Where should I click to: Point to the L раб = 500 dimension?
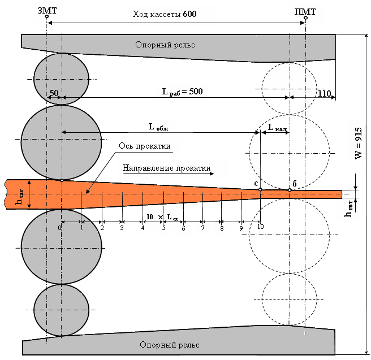(182, 91)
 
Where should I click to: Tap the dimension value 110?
(324, 93)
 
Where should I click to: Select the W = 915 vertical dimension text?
(359, 144)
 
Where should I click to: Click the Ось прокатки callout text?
(144, 146)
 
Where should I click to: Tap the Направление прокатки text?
(166, 168)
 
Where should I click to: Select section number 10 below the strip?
(260, 227)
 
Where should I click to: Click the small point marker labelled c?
(260, 189)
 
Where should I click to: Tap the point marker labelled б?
(290, 190)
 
